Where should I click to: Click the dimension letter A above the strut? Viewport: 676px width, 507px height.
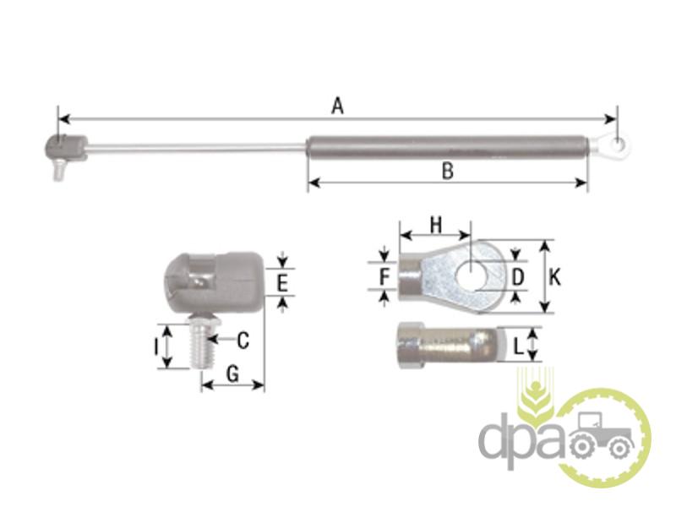(x=337, y=106)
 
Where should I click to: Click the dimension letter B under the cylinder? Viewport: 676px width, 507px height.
(x=448, y=171)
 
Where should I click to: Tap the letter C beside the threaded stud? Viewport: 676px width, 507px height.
(x=243, y=341)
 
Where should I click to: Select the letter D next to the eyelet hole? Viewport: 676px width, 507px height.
(x=517, y=277)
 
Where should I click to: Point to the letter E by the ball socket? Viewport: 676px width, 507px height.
(x=281, y=284)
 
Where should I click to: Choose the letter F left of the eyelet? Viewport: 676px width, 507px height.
(x=384, y=276)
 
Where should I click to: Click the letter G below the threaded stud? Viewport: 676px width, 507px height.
(x=233, y=373)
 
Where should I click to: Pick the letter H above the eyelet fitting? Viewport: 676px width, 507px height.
(x=436, y=225)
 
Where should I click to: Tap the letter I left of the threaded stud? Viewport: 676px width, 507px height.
(x=156, y=346)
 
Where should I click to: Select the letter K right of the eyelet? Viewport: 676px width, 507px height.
(x=555, y=277)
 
